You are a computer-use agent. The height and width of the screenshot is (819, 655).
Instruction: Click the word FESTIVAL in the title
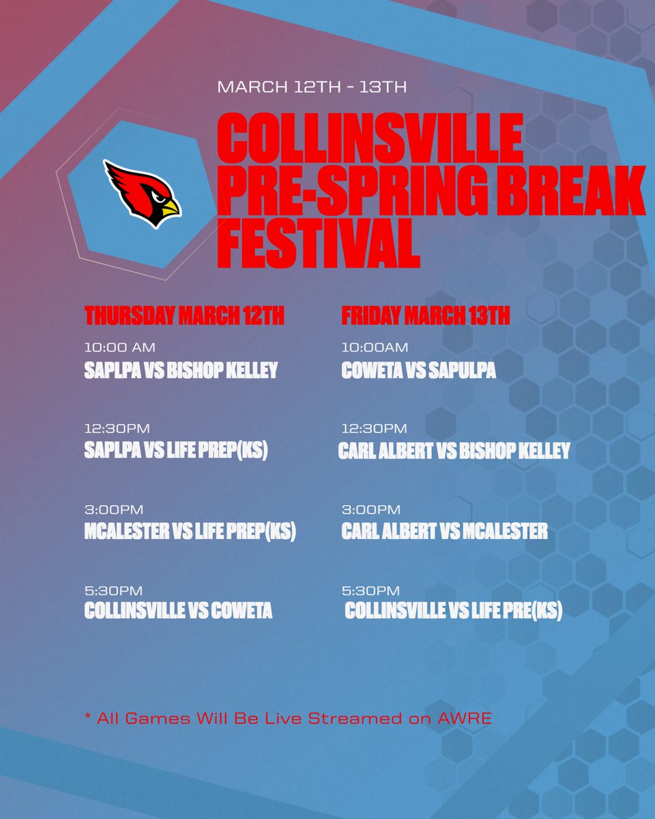318,244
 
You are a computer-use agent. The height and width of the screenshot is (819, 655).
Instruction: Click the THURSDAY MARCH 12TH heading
184,317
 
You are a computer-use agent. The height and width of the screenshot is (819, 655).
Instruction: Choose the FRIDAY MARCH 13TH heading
425,317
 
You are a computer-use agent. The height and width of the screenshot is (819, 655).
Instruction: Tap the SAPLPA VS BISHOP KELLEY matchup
181,371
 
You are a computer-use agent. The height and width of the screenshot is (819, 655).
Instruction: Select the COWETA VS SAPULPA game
418,371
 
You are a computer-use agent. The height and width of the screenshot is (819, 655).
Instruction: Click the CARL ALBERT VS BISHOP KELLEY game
454,451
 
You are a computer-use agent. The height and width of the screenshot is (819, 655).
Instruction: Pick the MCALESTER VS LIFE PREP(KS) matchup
190,532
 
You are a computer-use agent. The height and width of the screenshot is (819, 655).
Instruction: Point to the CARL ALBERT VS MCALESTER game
444,532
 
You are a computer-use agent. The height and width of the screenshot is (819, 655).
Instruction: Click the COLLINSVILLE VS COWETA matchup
178,611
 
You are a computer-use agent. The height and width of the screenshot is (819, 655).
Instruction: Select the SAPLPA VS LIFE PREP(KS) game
175,451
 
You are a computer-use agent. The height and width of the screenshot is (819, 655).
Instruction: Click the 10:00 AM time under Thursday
119,349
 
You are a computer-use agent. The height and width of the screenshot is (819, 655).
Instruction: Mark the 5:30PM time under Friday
370,590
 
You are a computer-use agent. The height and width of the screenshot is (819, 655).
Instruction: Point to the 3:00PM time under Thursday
114,510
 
